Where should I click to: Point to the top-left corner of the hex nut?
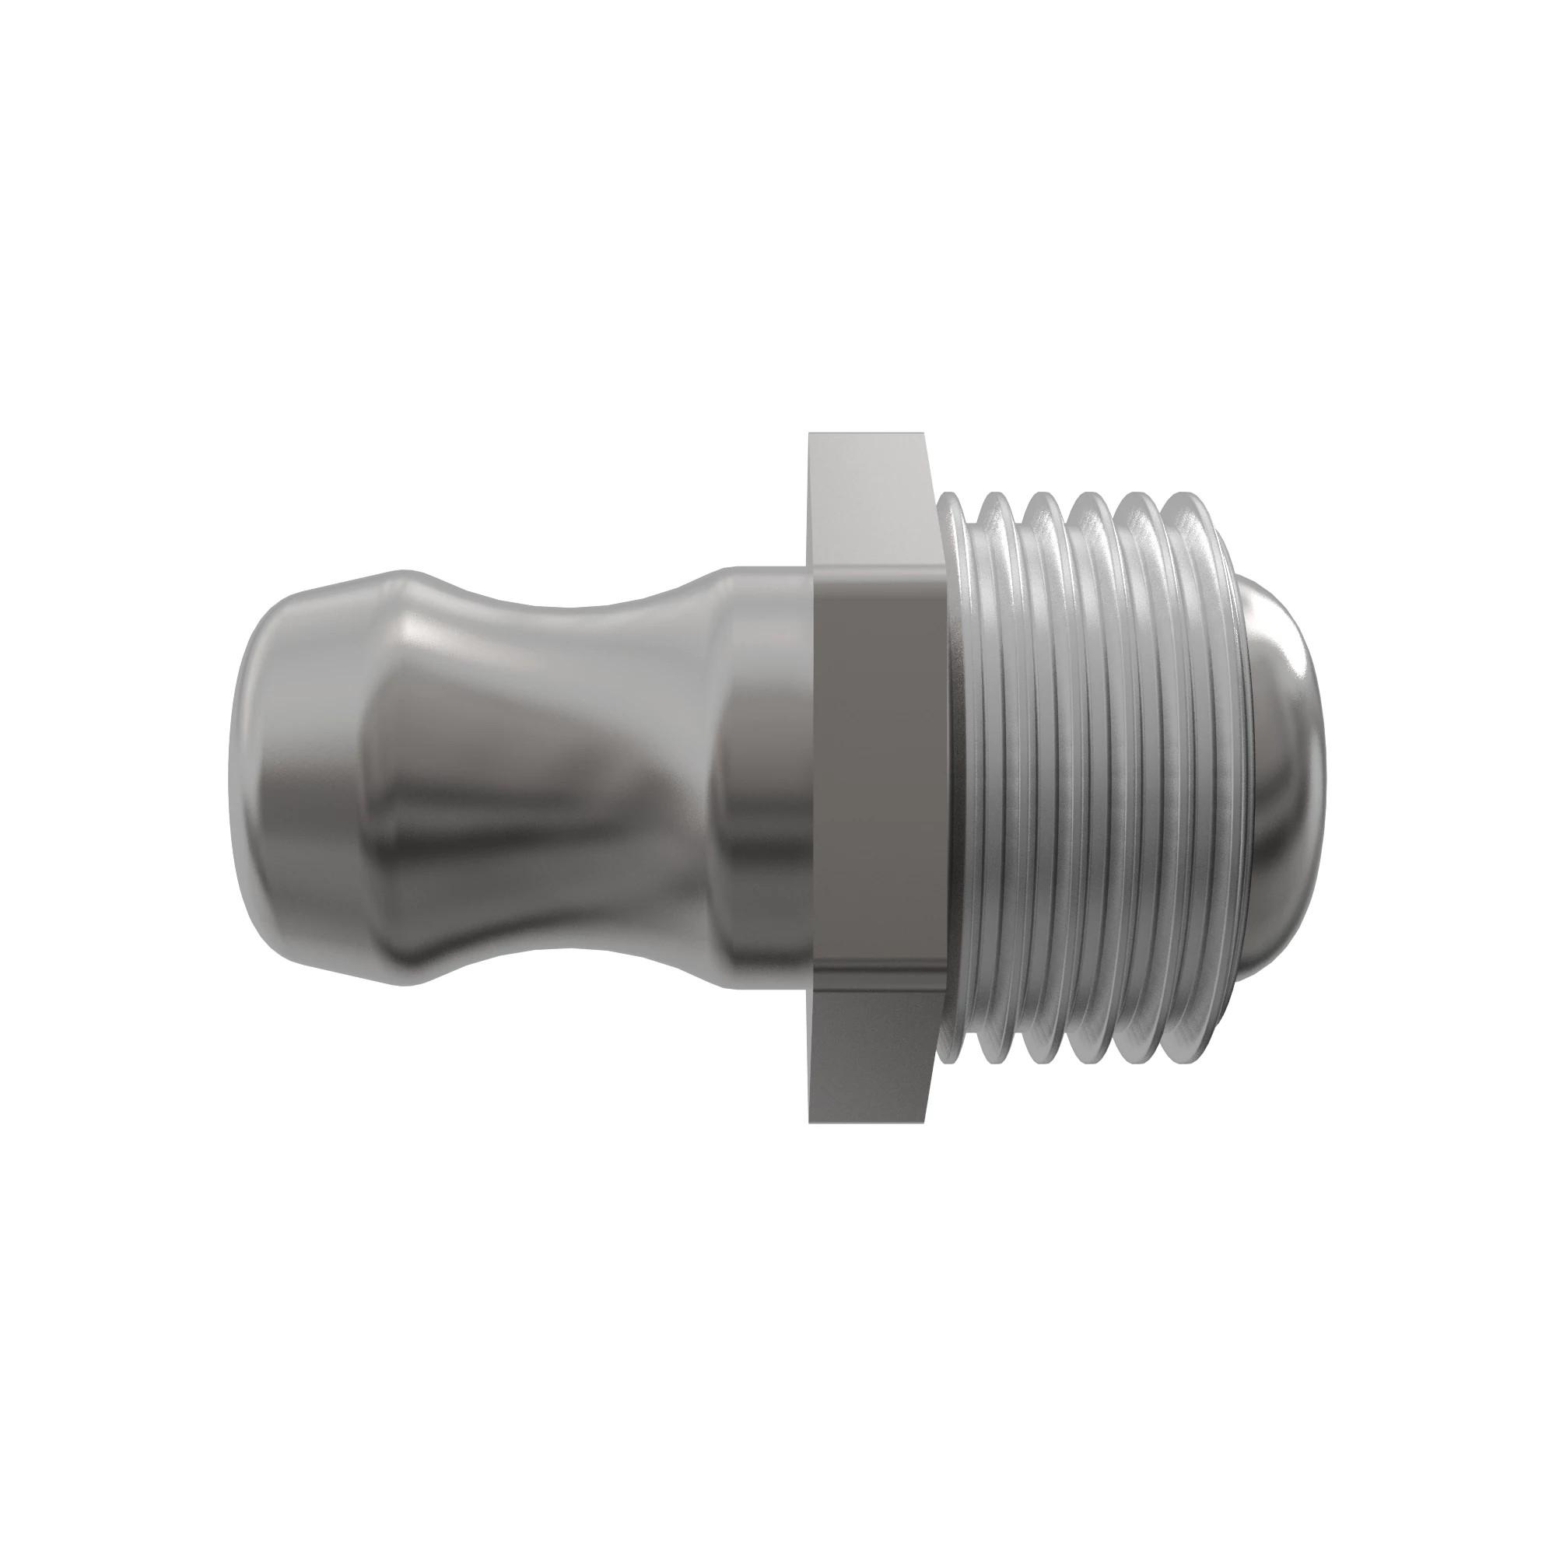pyautogui.click(x=810, y=436)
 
